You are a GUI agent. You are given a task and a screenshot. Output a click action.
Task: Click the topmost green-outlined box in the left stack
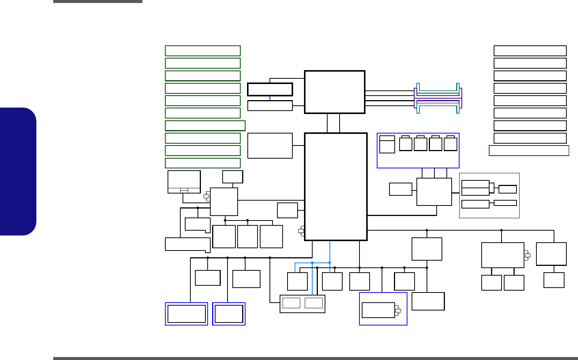(x=202, y=51)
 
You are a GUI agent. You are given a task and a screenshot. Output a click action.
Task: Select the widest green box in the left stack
(x=205, y=126)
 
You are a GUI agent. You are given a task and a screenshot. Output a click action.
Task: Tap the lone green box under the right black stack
(x=529, y=150)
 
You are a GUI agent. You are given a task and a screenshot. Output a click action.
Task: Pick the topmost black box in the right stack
(x=530, y=51)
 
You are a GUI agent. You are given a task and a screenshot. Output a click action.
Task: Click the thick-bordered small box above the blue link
(x=270, y=89)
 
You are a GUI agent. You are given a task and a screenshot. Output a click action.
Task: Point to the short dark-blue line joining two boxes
(x=270, y=98)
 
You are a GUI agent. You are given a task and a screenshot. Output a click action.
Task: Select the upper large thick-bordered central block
(x=335, y=92)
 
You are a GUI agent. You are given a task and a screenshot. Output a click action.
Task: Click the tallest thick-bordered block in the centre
(x=335, y=186)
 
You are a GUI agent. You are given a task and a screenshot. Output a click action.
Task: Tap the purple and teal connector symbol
(x=438, y=98)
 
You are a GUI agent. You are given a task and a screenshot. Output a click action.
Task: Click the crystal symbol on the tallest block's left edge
(x=301, y=231)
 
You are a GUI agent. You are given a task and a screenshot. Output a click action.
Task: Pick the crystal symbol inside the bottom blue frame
(x=398, y=310)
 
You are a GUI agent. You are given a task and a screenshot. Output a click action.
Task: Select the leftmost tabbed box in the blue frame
(x=406, y=144)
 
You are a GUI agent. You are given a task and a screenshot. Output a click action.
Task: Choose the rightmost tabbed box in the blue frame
(x=450, y=144)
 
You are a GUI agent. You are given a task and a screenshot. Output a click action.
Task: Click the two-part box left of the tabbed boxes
(x=387, y=144)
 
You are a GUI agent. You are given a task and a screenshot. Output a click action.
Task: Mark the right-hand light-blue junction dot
(x=330, y=262)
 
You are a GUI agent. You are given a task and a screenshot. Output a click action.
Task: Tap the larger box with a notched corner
(x=187, y=244)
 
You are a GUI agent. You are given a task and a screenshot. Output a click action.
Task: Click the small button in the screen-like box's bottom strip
(x=184, y=190)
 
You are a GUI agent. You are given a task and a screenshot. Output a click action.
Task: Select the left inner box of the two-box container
(x=291, y=303)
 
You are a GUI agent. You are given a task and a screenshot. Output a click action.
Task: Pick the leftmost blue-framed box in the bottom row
(x=186, y=314)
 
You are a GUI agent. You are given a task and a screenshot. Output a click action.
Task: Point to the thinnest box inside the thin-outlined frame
(x=505, y=203)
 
